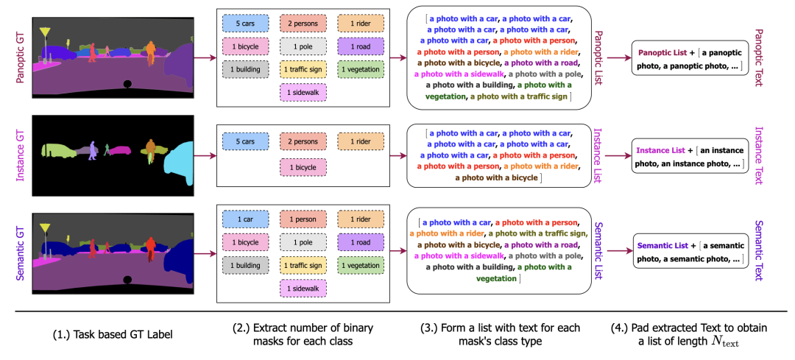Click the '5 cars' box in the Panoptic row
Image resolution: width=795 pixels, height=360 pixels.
[245, 24]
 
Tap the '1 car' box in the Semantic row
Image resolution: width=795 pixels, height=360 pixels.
[245, 219]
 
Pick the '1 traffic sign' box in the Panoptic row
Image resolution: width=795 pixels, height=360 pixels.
[303, 69]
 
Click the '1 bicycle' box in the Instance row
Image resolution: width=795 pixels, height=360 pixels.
[303, 166]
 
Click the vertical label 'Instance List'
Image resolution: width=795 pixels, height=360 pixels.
[598, 155]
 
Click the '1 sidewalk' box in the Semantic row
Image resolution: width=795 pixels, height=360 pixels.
[303, 287]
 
